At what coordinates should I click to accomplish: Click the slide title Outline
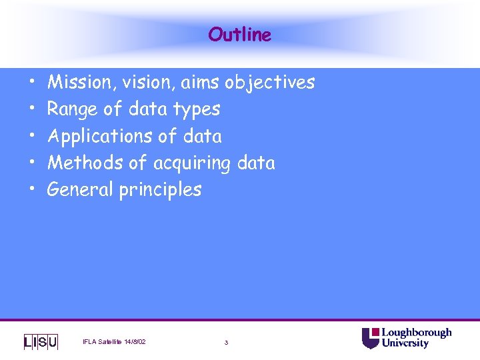(239, 35)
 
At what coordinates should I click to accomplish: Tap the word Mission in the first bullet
(74, 83)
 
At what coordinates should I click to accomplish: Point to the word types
(197, 109)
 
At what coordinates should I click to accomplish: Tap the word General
(81, 189)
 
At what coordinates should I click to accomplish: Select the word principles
(160, 190)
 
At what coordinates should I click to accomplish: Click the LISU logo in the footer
(41, 342)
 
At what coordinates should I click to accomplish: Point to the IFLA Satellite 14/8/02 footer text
(114, 342)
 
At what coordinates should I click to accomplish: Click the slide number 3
(226, 343)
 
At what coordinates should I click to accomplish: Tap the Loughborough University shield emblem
(371, 338)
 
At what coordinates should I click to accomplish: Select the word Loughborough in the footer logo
(416, 333)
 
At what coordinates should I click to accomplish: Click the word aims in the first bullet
(200, 83)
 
